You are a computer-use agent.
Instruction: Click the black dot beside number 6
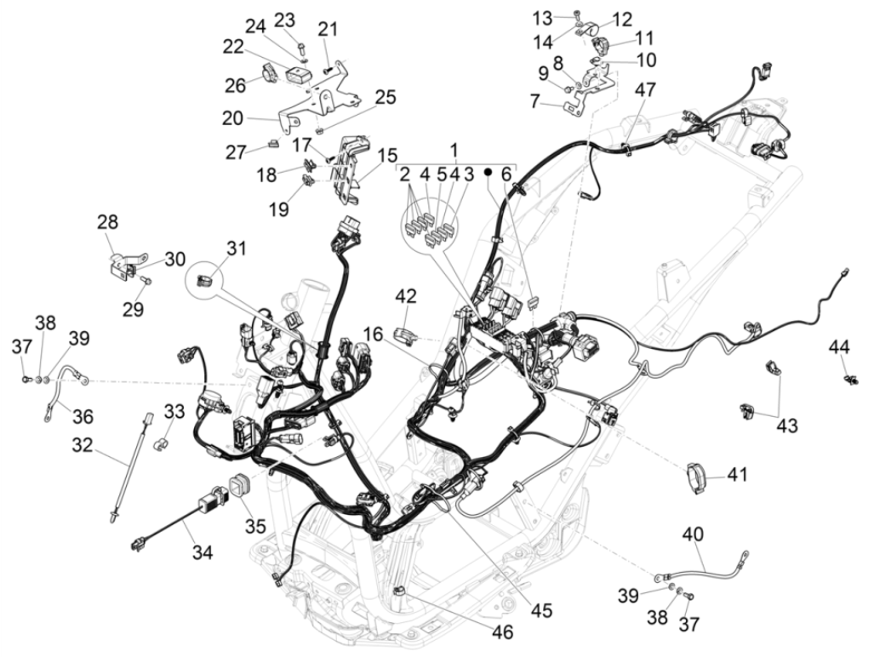tap(488, 172)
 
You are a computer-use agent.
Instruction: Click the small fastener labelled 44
tap(849, 376)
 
